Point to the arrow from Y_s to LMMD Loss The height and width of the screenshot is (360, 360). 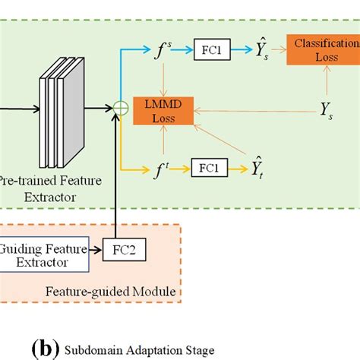click(251, 111)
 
